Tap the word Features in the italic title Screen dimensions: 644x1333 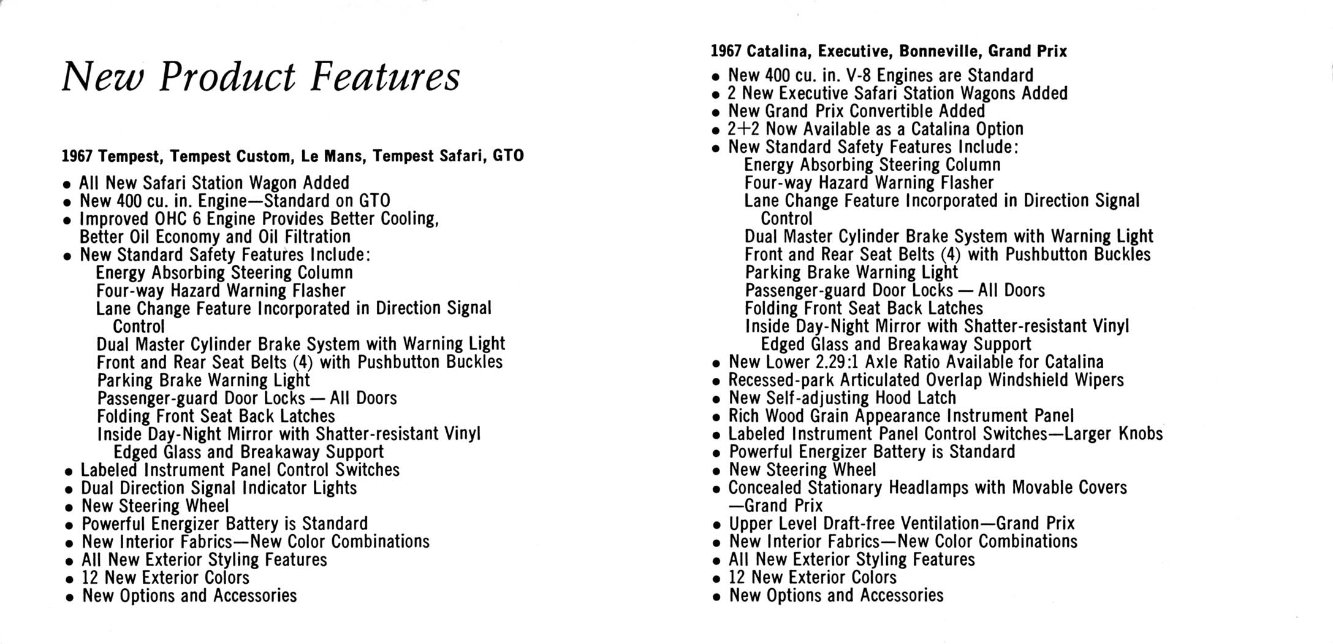tap(385, 77)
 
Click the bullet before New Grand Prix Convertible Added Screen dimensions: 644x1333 tap(715, 113)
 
